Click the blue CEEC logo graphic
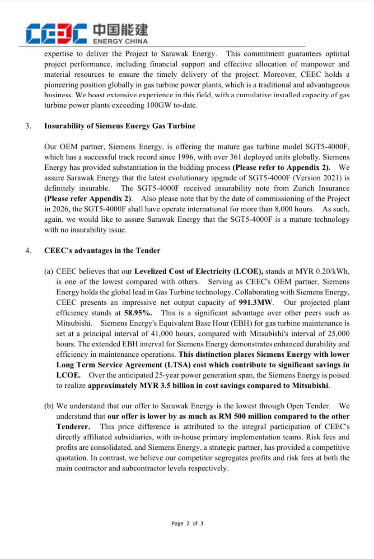[56, 33]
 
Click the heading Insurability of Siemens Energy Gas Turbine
[120, 126]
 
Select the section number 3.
[28, 126]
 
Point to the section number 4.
[28, 251]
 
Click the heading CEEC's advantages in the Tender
[102, 251]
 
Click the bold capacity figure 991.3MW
[253, 303]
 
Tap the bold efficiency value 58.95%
[138, 313]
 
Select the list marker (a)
[49, 271]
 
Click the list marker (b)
[49, 406]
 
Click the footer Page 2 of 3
[187, 524]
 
